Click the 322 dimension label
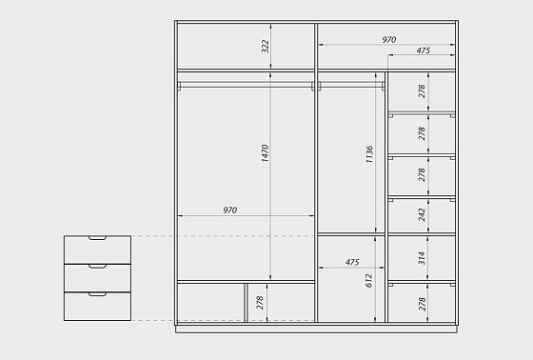tap(266, 47)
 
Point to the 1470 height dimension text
tap(266, 153)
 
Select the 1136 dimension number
tap(370, 154)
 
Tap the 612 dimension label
tap(369, 281)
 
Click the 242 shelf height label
tap(422, 214)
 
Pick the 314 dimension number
tap(422, 258)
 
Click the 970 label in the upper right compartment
tap(389, 40)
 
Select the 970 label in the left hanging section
tap(230, 210)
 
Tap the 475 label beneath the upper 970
tap(424, 50)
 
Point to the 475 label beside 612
tap(352, 262)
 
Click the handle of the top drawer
tap(97, 238)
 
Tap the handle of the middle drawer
tap(97, 267)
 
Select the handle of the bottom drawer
tap(97, 294)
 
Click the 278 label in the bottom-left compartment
tap(260, 303)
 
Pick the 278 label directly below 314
tap(423, 304)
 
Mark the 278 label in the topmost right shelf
tap(422, 91)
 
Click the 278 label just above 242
tap(422, 175)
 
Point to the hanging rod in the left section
tap(246, 85)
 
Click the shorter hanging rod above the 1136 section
tap(351, 85)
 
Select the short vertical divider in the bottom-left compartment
tap(246, 303)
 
